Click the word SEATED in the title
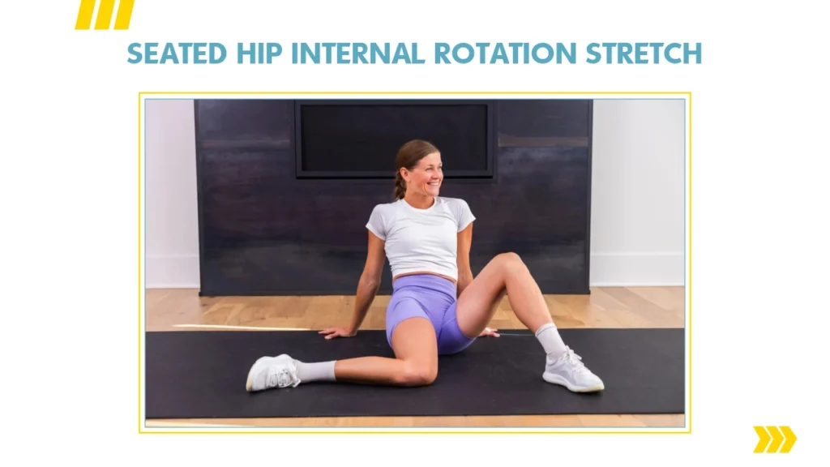177,54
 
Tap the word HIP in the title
259,54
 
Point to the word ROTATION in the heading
505,54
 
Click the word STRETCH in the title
644,54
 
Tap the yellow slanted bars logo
105,15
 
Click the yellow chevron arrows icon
774,439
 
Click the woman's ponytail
400,185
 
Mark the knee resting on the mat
418,373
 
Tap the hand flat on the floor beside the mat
336,332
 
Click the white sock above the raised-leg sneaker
551,340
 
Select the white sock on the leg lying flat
316,371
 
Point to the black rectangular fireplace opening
395,139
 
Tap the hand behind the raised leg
488,332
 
